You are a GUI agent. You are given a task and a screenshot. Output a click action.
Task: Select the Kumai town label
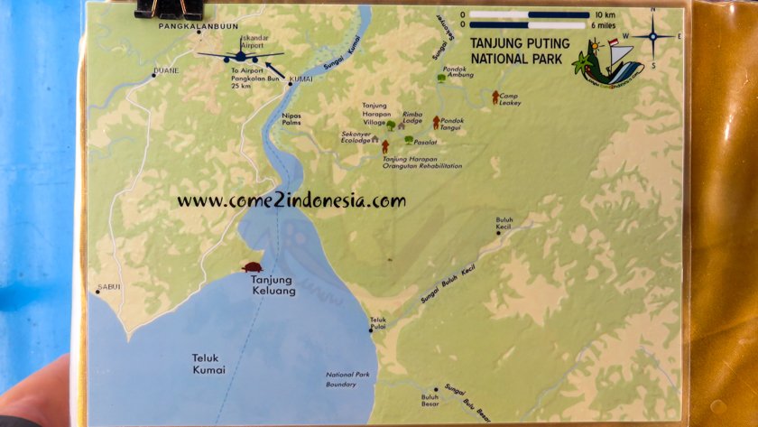(x=300, y=79)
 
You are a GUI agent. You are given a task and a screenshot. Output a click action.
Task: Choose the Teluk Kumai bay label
(x=203, y=363)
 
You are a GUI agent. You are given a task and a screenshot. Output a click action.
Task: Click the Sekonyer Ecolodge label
(x=355, y=137)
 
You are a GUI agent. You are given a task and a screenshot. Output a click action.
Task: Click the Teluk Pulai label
(x=377, y=322)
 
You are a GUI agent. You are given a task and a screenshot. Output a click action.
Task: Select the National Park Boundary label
(x=347, y=380)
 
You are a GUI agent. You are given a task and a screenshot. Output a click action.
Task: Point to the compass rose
(x=652, y=36)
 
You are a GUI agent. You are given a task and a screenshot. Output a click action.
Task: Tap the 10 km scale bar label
(x=605, y=15)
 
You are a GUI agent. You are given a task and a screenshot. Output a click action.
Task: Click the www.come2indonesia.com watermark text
(x=291, y=201)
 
